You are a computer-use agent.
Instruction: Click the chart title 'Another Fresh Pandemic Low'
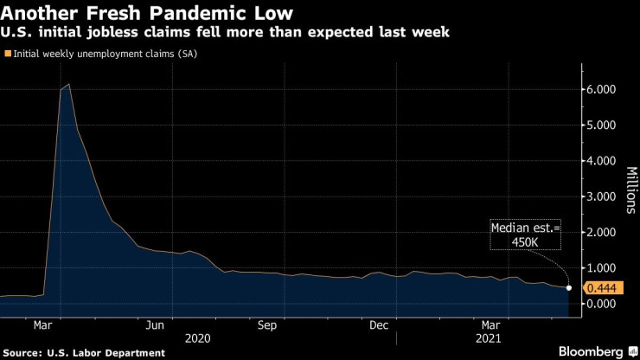146,14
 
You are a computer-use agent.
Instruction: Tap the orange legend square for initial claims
8,54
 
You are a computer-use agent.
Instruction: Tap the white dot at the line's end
569,287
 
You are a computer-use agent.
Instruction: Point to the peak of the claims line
68,84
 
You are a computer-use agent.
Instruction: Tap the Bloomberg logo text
589,351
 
